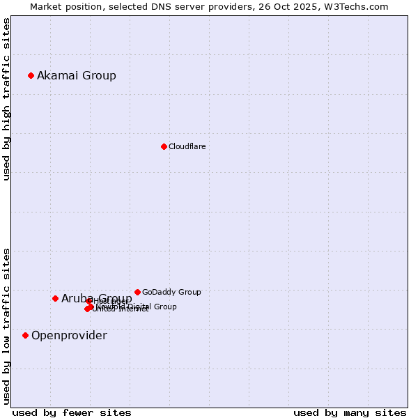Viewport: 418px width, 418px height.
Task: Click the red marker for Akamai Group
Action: (x=31, y=75)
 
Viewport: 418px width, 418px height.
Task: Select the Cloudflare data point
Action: (x=164, y=146)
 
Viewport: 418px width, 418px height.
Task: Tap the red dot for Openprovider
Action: (x=25, y=335)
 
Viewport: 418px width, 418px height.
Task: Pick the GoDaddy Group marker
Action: (x=137, y=292)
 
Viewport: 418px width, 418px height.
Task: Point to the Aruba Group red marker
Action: (x=55, y=298)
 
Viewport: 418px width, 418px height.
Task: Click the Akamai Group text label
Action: (x=77, y=75)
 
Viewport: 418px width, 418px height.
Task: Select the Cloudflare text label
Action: (x=187, y=146)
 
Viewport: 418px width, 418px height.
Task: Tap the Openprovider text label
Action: (x=69, y=335)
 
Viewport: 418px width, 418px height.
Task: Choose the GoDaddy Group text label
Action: (x=171, y=292)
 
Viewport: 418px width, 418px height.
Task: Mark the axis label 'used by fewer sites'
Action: (x=72, y=412)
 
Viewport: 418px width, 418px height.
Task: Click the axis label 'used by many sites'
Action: (x=350, y=412)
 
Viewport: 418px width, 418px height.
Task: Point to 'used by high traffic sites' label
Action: (x=6, y=99)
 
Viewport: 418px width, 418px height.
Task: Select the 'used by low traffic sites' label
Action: (x=6, y=326)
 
